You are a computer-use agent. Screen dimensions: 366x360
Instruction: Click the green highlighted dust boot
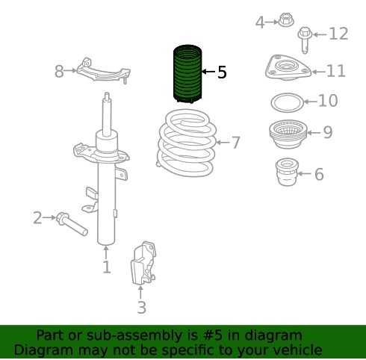187,74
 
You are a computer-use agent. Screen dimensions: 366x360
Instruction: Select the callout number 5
222,72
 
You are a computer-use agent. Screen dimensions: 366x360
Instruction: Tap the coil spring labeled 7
187,143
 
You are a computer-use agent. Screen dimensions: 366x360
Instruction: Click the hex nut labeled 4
285,20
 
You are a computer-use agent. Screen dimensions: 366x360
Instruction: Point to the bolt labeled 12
305,40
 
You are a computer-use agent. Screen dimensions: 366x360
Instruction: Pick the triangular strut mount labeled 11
288,68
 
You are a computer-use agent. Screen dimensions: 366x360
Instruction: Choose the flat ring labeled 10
288,102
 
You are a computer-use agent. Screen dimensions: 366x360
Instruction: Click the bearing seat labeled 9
288,134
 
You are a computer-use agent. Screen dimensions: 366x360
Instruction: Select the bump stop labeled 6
287,172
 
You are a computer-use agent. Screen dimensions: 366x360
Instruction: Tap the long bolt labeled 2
72,223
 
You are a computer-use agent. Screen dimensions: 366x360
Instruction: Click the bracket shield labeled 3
143,263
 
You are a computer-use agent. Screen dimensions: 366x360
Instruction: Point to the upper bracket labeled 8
103,71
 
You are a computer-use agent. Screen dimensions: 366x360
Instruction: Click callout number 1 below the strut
107,267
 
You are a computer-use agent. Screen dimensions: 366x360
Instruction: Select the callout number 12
338,34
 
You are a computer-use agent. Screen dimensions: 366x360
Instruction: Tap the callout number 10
328,101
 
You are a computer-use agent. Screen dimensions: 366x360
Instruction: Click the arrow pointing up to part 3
140,293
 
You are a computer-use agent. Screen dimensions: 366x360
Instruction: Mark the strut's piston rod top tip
107,93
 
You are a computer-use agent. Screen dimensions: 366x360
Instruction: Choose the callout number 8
59,71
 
